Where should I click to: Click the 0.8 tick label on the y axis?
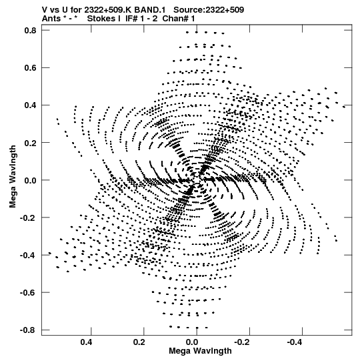31,31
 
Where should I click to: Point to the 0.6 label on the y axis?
31,68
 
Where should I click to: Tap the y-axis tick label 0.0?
31,180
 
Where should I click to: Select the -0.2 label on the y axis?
28,218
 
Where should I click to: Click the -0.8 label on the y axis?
28,330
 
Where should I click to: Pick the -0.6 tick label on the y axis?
28,293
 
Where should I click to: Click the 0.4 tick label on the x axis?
87,342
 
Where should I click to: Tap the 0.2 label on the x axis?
139,342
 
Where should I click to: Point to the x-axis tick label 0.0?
192,342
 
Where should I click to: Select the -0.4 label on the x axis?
295,342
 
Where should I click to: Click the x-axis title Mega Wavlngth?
200,351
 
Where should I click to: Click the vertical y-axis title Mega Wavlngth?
13,177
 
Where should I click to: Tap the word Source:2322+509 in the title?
209,10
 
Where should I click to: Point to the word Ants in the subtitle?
52,19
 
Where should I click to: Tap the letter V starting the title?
45,10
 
